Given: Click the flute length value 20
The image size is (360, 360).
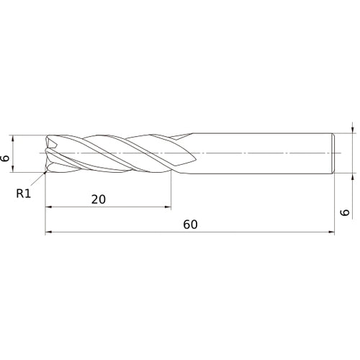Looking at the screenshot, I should (x=99, y=199).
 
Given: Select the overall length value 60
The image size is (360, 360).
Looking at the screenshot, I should (x=190, y=225).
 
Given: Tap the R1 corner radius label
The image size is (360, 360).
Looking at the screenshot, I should (x=24, y=193).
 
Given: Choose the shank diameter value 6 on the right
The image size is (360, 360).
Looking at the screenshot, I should (x=345, y=212).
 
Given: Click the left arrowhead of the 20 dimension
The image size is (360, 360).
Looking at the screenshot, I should (x=48, y=207).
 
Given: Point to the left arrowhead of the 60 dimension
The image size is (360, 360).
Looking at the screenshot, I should (x=48, y=233).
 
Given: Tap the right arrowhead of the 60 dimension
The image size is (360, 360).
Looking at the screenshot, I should (x=333, y=233).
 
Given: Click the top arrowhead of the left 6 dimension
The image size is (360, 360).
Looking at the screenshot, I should (x=14, y=137).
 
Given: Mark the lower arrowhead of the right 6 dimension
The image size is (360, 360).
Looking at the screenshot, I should (x=352, y=176).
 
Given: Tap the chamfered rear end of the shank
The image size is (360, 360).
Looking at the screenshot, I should (x=334, y=153).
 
